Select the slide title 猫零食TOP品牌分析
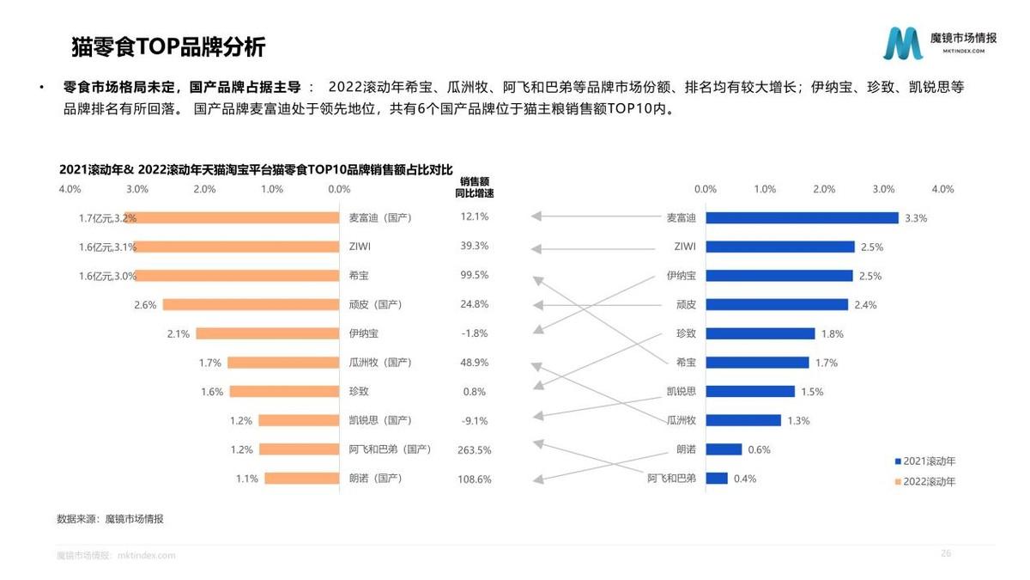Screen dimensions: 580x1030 168,46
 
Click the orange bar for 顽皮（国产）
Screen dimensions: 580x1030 251,305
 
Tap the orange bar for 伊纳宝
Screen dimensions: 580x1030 267,333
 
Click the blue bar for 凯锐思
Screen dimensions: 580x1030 750,392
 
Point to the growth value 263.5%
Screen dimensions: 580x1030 475,449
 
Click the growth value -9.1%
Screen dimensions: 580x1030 475,420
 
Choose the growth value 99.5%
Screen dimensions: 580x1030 475,276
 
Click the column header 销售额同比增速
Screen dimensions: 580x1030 475,187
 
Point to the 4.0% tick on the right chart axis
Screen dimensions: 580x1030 942,189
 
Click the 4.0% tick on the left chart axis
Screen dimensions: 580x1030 70,189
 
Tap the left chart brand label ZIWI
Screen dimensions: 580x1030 360,247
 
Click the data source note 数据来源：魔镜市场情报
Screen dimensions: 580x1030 110,519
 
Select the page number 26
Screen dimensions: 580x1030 946,553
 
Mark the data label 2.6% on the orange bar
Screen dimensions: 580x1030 145,305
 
